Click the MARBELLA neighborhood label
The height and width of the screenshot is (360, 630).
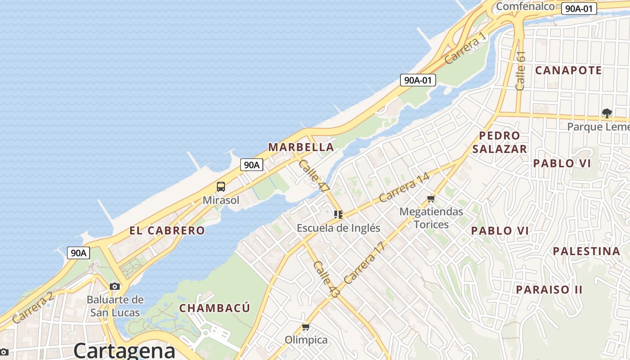pyautogui.click(x=301, y=147)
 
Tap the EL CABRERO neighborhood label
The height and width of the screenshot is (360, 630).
pyautogui.click(x=167, y=231)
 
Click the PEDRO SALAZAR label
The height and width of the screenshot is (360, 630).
pyautogui.click(x=499, y=142)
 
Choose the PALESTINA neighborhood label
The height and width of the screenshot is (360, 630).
pyautogui.click(x=586, y=251)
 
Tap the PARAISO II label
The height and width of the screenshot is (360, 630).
pyautogui.click(x=549, y=289)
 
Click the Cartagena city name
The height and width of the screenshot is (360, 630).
pyautogui.click(x=124, y=350)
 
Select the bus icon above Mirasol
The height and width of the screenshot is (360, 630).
pyautogui.click(x=220, y=187)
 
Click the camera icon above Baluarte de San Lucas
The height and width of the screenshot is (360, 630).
pyautogui.click(x=115, y=286)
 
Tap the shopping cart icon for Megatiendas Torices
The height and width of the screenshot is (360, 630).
pyautogui.click(x=431, y=198)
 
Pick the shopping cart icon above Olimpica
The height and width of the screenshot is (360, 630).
pyautogui.click(x=306, y=327)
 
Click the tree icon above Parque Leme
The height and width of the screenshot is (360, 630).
pyautogui.click(x=607, y=113)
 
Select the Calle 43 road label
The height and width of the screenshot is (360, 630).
pyautogui.click(x=326, y=279)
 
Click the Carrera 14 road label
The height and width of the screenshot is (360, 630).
pyautogui.click(x=404, y=187)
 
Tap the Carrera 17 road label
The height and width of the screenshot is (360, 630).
pyautogui.click(x=364, y=263)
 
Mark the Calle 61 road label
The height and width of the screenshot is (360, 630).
pyautogui.click(x=521, y=71)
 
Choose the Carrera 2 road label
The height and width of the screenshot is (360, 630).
pyautogui.click(x=33, y=307)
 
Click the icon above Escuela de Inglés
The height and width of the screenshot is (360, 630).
pyautogui.click(x=338, y=215)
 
